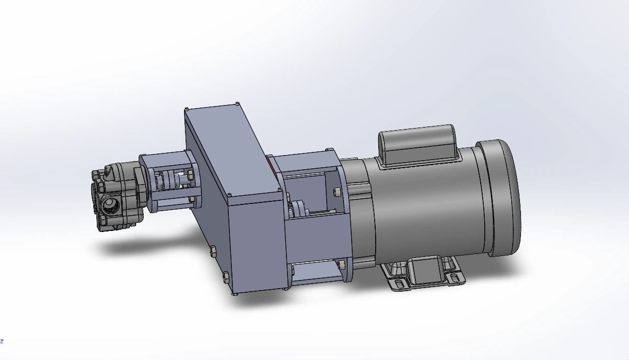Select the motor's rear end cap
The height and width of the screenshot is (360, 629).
(502, 198)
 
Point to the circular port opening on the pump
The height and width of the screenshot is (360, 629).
(110, 206)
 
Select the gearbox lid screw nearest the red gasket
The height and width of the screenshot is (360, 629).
(279, 189)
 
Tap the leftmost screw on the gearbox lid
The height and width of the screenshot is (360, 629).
(187, 109)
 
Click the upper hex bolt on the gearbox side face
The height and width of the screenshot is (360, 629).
(212, 251)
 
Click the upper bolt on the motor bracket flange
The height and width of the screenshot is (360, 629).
(336, 192)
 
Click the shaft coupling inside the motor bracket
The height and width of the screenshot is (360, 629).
(297, 209)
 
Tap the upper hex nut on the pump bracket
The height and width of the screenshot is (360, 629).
(190, 175)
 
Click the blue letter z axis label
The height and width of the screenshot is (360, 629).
(2, 341)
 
